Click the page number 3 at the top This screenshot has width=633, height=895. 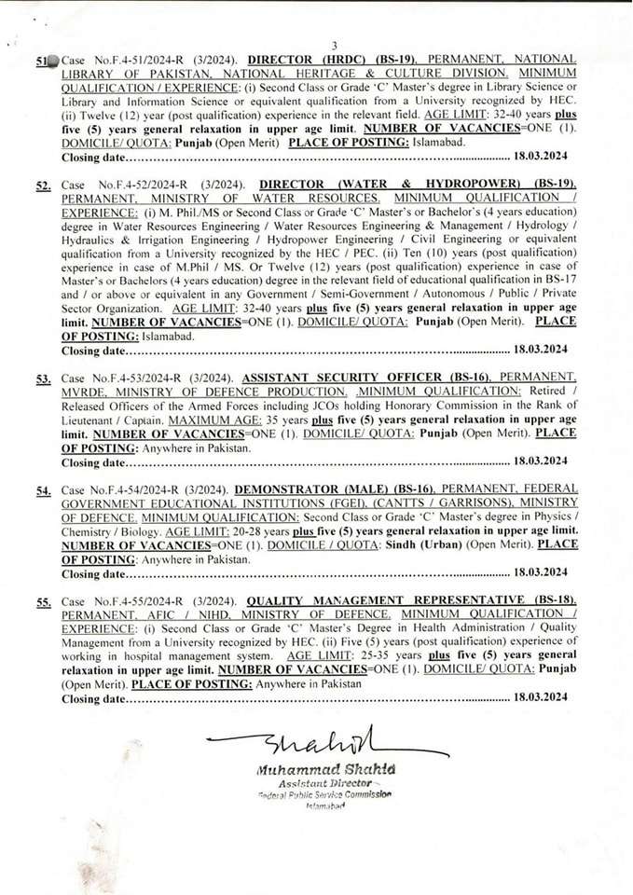[x=334, y=46]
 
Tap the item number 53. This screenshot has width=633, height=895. [x=43, y=379]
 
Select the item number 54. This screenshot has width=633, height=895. [x=43, y=491]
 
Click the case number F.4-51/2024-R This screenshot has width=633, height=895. [x=132, y=59]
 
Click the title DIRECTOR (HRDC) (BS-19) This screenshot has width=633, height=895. [x=313, y=59]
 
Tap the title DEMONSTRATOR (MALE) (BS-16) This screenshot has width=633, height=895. [x=333, y=489]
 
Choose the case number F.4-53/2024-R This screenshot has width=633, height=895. [x=136, y=378]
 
